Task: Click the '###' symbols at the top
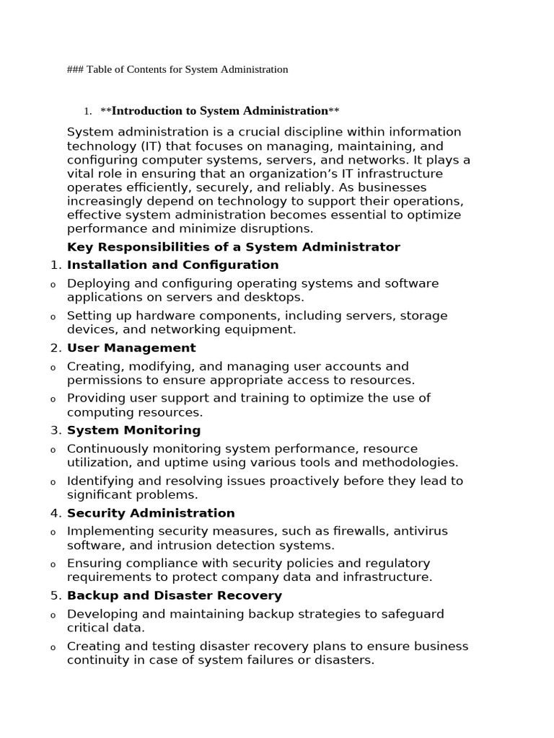click(75, 70)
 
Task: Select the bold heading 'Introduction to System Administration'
click(220, 111)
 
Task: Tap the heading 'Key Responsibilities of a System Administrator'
click(233, 247)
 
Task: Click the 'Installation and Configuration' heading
click(172, 265)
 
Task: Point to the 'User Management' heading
click(131, 348)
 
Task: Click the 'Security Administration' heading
click(151, 513)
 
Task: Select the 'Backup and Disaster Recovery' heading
click(175, 596)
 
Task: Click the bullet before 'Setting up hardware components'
click(52, 317)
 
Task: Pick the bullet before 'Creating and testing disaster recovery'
click(52, 648)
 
